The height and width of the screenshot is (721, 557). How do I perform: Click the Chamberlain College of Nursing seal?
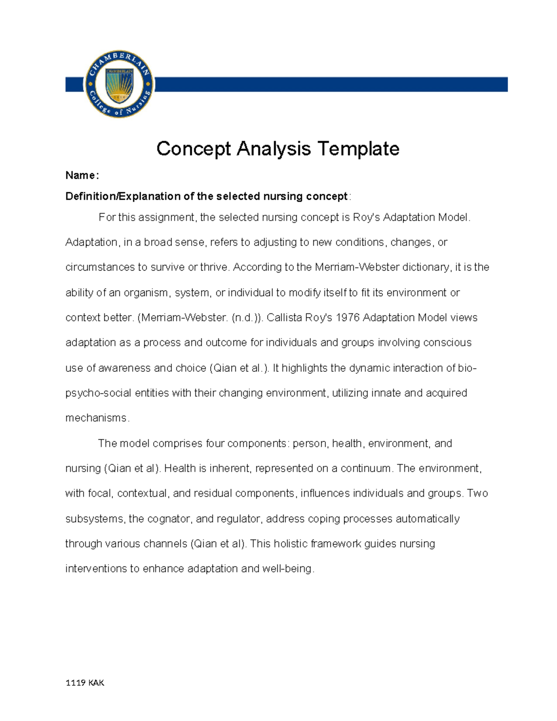(x=119, y=84)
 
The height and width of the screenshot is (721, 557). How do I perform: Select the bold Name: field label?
(x=82, y=175)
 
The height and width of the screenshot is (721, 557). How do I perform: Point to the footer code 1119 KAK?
(x=85, y=683)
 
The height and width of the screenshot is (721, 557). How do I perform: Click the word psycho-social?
(x=98, y=393)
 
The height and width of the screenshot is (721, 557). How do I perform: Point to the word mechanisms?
(x=96, y=418)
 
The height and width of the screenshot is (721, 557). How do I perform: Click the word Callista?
(x=284, y=318)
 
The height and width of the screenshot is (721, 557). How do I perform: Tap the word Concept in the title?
(x=194, y=149)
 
